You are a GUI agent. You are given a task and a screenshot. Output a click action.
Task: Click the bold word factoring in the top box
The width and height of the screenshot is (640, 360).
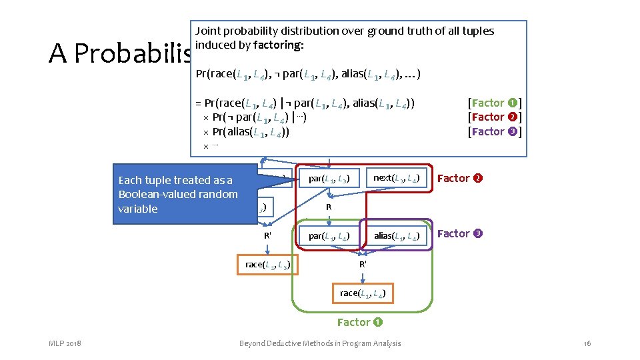tap(282, 45)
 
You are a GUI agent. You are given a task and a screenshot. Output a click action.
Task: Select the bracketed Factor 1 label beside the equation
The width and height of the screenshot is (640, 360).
tap(495, 103)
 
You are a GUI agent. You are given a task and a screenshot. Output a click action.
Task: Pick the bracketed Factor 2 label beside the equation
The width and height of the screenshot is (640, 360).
tap(495, 117)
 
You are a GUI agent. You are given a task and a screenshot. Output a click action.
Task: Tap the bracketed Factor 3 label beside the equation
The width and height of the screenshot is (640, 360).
tap(495, 131)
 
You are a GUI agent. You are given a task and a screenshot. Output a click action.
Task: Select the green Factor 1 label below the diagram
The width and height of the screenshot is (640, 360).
tap(360, 322)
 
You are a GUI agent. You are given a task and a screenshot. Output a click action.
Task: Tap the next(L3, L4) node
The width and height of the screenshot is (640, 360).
tap(396, 178)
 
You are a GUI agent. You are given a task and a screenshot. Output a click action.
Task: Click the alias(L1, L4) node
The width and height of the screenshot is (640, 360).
tap(396, 235)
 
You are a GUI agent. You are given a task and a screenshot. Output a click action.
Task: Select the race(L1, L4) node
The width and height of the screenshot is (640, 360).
tap(362, 293)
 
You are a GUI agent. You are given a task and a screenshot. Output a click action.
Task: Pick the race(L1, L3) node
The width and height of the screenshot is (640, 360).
tap(268, 265)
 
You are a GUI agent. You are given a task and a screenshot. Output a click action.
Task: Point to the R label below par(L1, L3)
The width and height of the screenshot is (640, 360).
tap(329, 207)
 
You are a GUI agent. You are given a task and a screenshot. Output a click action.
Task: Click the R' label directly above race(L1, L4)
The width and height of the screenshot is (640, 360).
tap(362, 264)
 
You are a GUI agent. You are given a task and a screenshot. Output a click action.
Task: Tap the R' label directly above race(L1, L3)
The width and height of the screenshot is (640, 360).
tap(267, 235)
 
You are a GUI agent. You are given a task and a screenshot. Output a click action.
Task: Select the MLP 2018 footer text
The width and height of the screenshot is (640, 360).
tap(65, 343)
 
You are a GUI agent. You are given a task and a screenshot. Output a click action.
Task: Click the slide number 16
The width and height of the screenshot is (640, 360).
tap(587, 343)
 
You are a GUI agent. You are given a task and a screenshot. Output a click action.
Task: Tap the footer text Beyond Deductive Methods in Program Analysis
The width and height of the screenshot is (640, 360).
tap(320, 343)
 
